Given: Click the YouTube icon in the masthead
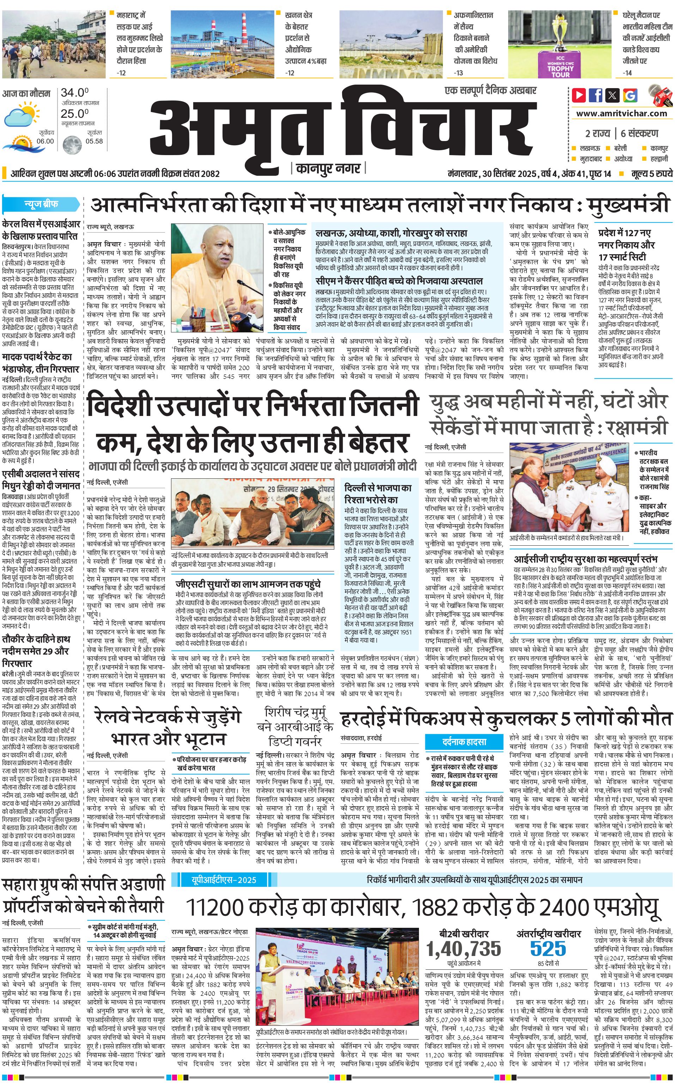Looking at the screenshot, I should coord(579,95).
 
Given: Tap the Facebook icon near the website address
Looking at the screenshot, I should coord(596,95).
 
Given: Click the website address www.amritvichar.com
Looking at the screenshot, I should coord(621,114).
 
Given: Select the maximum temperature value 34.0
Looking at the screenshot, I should coord(74,93).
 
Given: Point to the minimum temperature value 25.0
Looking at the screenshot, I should coord(74,114).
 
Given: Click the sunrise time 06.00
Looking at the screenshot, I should coord(45,141).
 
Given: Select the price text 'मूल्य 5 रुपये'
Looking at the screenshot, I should coord(651,173).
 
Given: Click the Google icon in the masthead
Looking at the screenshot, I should coord(630,95).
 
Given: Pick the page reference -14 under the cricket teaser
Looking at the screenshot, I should coord(627,73).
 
